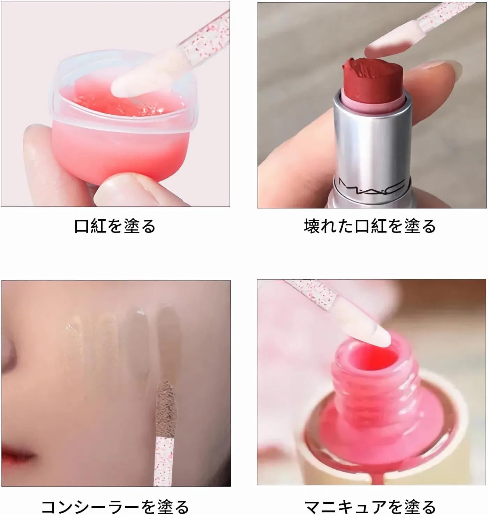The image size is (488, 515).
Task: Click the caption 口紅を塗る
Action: click(x=115, y=226)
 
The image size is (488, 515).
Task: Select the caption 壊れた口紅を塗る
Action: click(x=370, y=226)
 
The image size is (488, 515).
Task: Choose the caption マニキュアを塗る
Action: click(x=370, y=507)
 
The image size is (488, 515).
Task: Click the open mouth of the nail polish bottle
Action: click(x=373, y=357)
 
